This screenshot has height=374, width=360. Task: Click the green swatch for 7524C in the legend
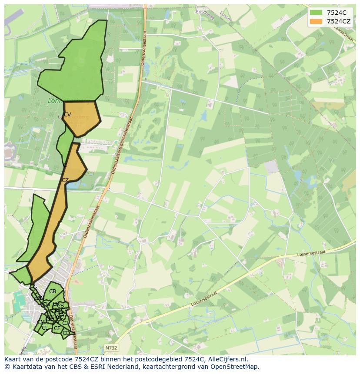(x=316, y=13)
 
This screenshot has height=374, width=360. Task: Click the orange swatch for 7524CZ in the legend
(x=316, y=21)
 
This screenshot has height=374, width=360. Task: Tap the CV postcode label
(x=67, y=115)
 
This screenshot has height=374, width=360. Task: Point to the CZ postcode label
(x=65, y=180)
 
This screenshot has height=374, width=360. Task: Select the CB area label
(x=53, y=291)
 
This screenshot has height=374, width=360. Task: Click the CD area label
(x=66, y=333)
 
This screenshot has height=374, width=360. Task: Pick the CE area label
(x=57, y=328)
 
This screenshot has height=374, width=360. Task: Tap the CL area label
(x=45, y=328)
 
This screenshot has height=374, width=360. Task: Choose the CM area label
(x=40, y=322)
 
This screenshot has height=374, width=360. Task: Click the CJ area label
(x=65, y=323)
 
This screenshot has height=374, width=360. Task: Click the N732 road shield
(x=111, y=348)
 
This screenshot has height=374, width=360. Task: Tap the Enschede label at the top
(x=206, y=10)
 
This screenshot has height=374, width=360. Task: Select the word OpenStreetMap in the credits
(x=235, y=367)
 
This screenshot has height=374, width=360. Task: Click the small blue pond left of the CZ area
(x=71, y=185)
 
